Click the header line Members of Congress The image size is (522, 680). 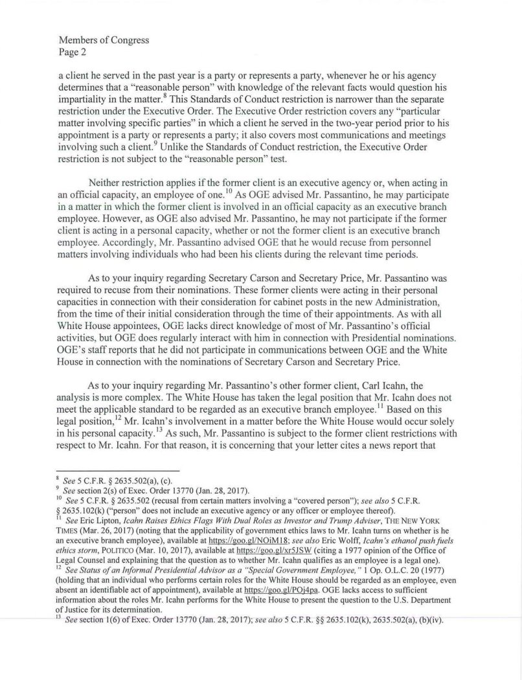point(104,40)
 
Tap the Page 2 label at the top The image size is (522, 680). point(73,51)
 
